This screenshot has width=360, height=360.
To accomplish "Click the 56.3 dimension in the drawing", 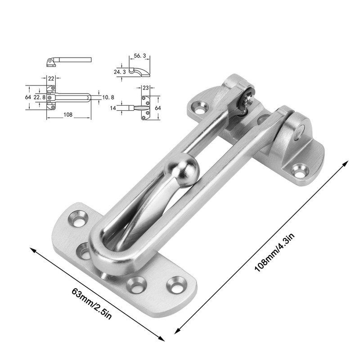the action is [140, 56].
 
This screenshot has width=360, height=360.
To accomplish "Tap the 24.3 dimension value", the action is [120, 72].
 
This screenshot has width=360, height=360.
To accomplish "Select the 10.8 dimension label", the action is [108, 97].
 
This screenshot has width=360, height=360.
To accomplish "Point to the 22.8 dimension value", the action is [40, 97].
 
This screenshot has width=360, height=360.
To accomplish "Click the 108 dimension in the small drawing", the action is [68, 114].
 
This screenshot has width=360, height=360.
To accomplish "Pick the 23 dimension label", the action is [145, 87].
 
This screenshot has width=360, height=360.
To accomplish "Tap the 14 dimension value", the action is [113, 108].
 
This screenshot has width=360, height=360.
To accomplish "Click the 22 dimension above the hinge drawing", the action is [51, 78].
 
